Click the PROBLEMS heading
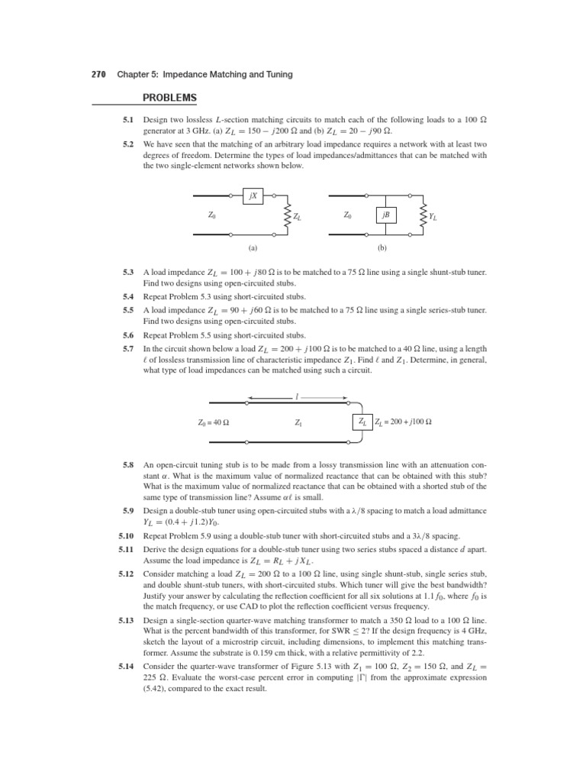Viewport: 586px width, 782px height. (x=170, y=97)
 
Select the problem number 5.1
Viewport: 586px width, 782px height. (x=128, y=120)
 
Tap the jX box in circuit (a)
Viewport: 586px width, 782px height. (x=252, y=196)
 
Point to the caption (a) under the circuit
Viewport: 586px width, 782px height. (x=253, y=248)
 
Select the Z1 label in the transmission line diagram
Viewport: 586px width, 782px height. (x=298, y=422)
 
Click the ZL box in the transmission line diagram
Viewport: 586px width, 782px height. (x=362, y=421)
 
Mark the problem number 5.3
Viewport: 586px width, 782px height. (x=128, y=272)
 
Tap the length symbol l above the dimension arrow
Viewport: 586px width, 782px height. (x=297, y=396)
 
